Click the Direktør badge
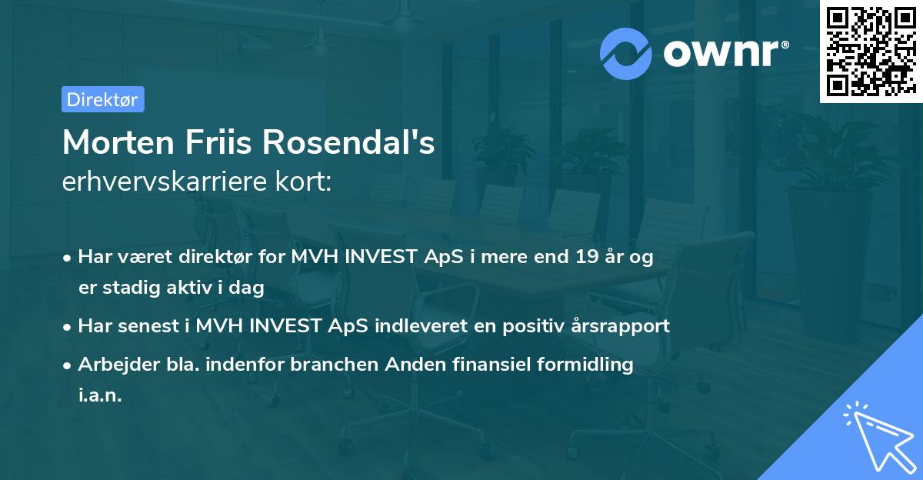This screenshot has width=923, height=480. point(102,99)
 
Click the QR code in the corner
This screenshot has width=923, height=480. point(871,52)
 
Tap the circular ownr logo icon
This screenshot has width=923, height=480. point(626,53)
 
